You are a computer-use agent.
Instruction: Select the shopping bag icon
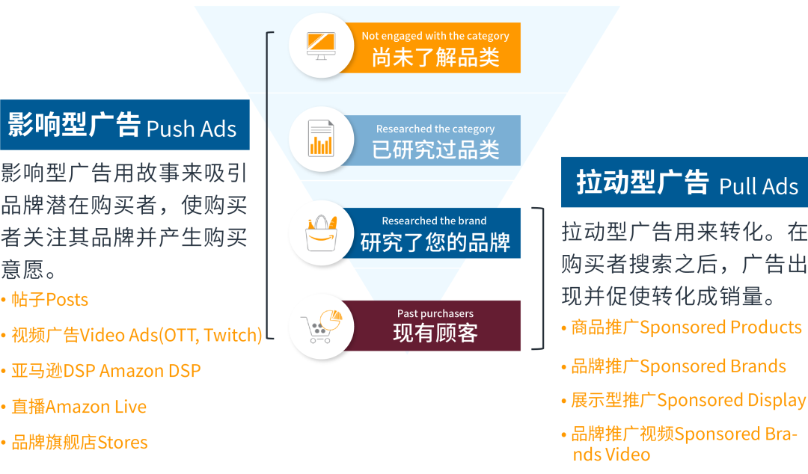(321, 233)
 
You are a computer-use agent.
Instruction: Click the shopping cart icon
(321, 325)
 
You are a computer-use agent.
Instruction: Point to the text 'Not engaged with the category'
(435, 36)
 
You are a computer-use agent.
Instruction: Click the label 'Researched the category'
(435, 129)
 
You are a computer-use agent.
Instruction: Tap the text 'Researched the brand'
(434, 221)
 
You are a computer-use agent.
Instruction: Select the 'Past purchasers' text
(435, 313)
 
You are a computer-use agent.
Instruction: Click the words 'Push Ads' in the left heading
(192, 129)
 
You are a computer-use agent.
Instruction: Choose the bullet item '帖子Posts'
(49, 300)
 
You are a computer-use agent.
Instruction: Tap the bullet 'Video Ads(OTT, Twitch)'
(137, 335)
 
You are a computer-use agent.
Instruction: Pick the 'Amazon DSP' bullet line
(105, 371)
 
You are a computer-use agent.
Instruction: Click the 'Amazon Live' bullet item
(79, 407)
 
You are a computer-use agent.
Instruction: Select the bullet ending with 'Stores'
(79, 442)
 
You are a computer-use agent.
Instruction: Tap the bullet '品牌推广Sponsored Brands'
(678, 366)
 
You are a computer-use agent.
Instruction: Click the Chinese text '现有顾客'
(435, 333)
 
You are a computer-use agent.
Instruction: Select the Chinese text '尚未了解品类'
(435, 57)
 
